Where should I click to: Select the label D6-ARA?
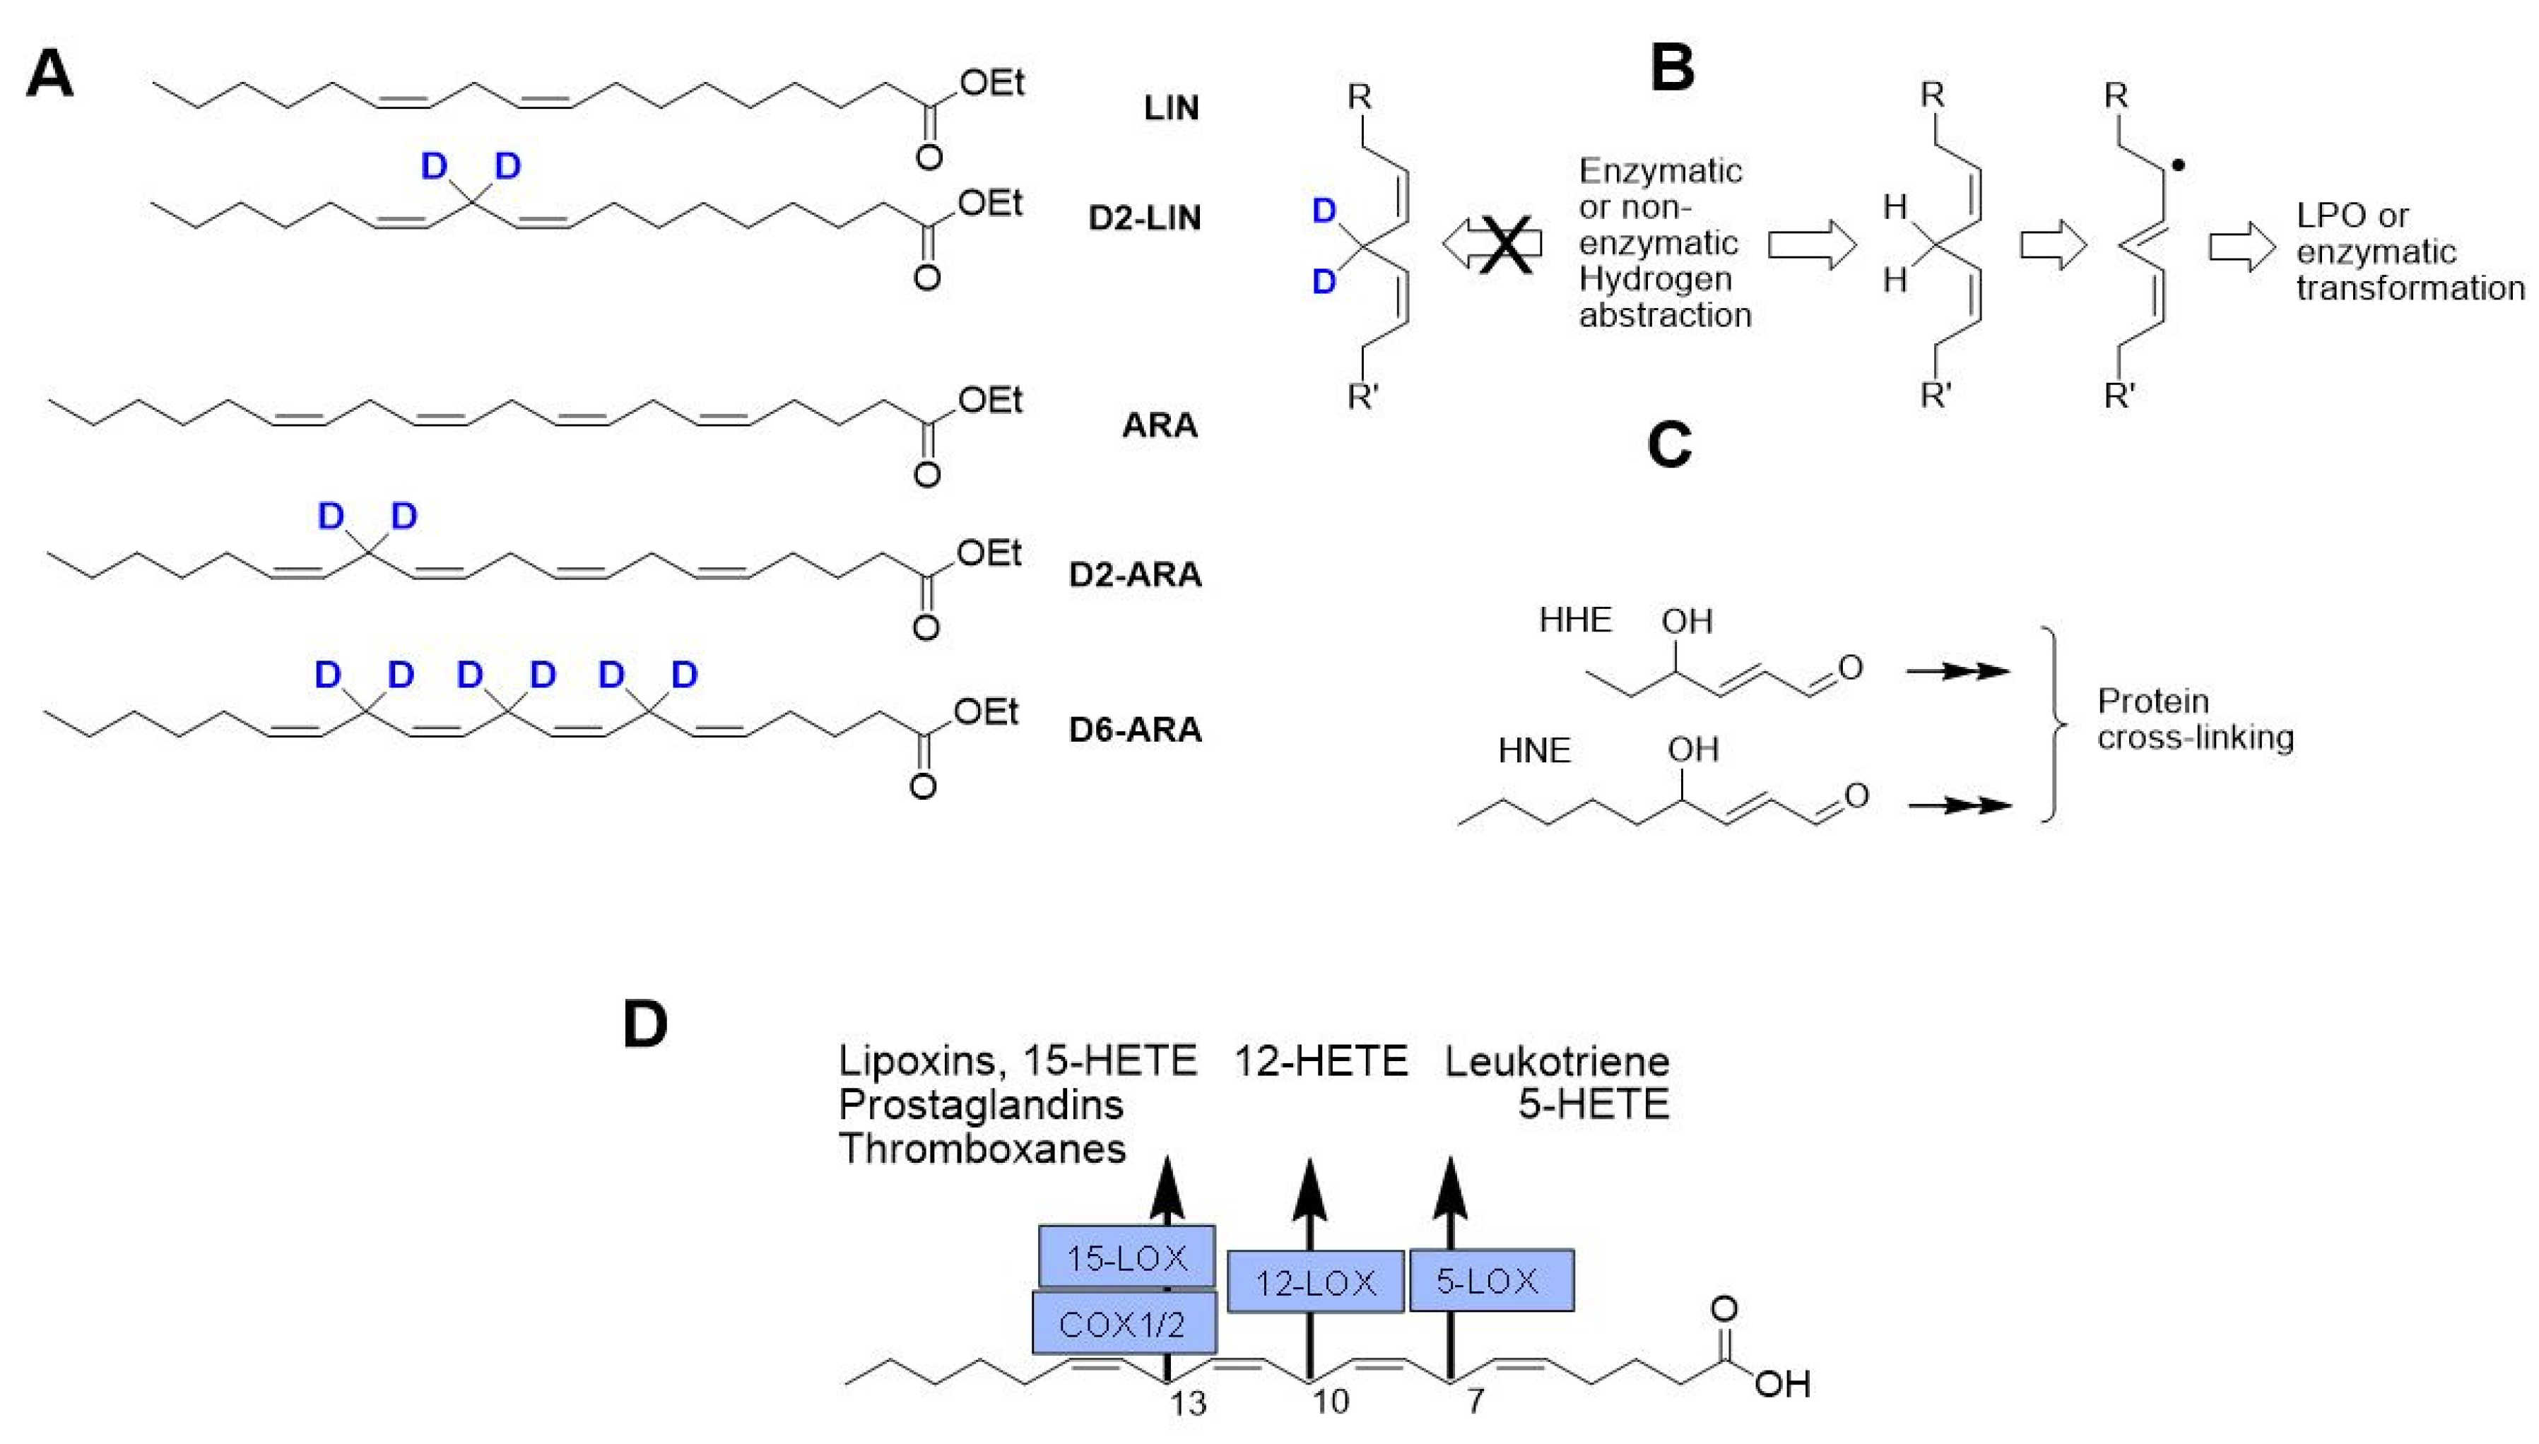click(x=1135, y=730)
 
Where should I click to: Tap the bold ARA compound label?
click(x=1160, y=425)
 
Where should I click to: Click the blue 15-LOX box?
click(x=1126, y=1257)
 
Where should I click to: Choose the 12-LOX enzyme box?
click(x=1315, y=1282)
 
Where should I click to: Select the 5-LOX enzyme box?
click(x=1490, y=1280)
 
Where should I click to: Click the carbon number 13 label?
click(x=1187, y=1403)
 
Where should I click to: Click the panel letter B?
click(x=1671, y=71)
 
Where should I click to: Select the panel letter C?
click(x=1669, y=446)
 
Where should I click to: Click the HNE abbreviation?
click(x=1533, y=751)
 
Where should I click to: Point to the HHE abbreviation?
click(x=1575, y=620)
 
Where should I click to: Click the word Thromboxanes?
click(x=982, y=1149)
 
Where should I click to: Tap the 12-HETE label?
click(x=1320, y=1061)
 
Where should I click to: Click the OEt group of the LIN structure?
click(x=993, y=83)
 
